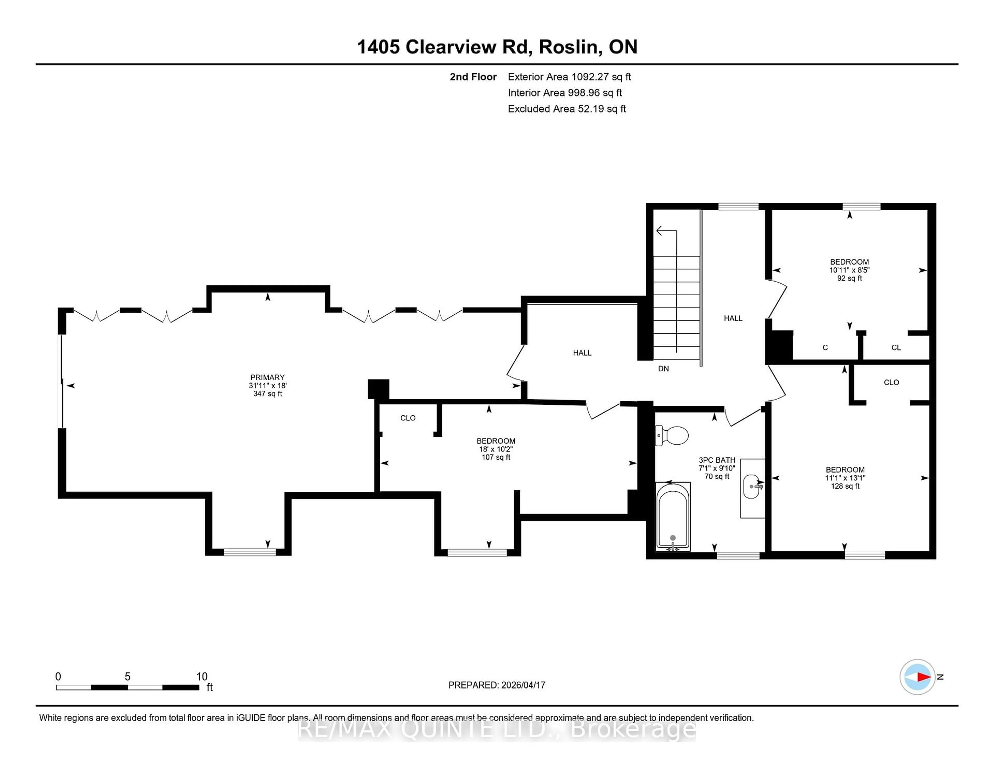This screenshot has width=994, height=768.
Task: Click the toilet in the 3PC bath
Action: click(672, 435)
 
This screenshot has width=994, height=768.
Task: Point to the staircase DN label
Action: click(663, 368)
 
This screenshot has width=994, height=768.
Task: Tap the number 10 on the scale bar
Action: click(202, 677)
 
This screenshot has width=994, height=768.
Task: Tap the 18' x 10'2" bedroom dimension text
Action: click(496, 449)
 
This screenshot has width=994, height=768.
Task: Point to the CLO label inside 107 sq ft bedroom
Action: click(408, 418)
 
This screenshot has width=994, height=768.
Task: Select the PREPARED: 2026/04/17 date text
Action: click(496, 685)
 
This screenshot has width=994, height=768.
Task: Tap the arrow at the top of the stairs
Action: click(660, 231)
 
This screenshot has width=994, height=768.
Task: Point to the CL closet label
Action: click(896, 348)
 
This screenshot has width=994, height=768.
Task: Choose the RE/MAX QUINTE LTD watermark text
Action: click(497, 730)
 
